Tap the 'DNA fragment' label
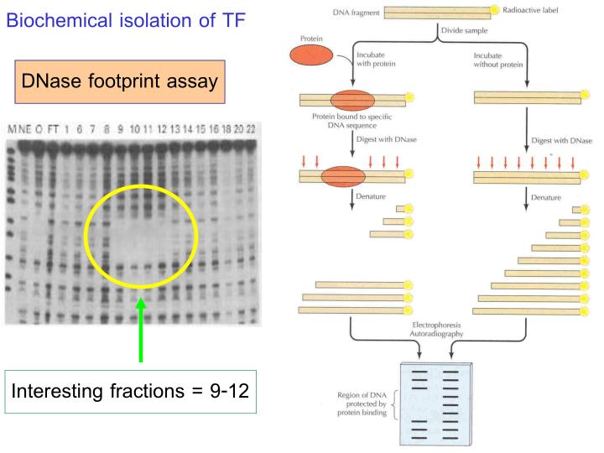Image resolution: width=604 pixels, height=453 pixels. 353,9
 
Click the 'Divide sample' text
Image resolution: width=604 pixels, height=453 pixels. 466,31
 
